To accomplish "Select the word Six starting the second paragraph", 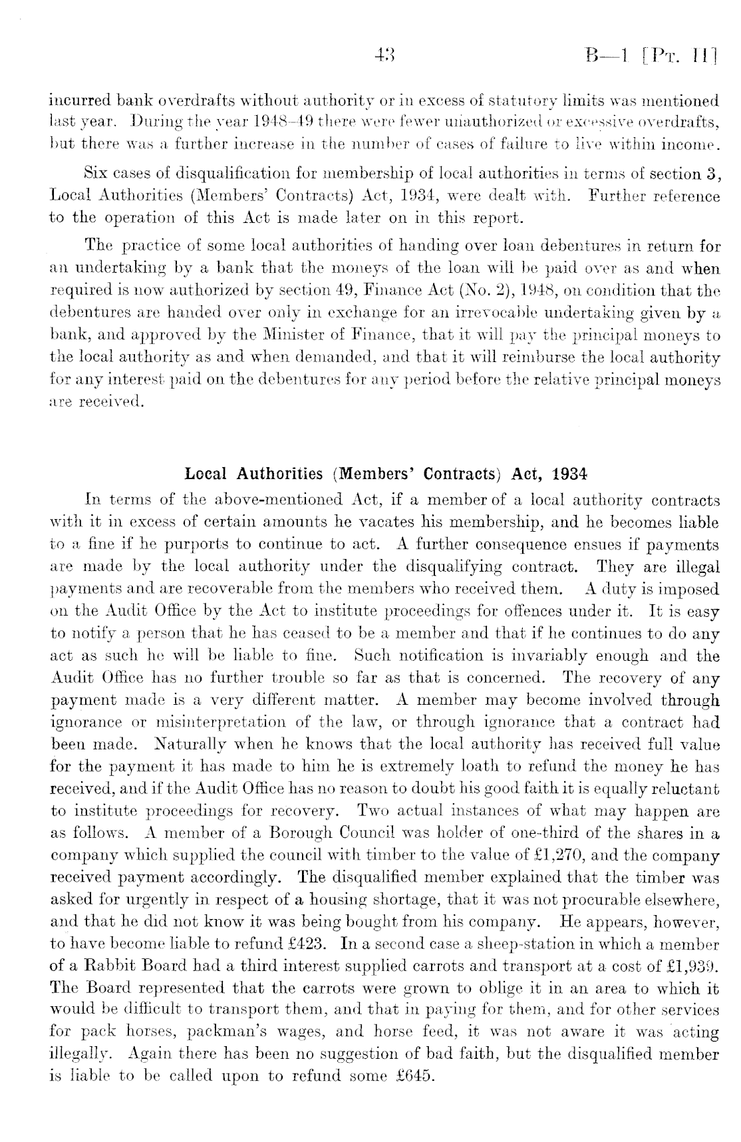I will click(98, 175).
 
